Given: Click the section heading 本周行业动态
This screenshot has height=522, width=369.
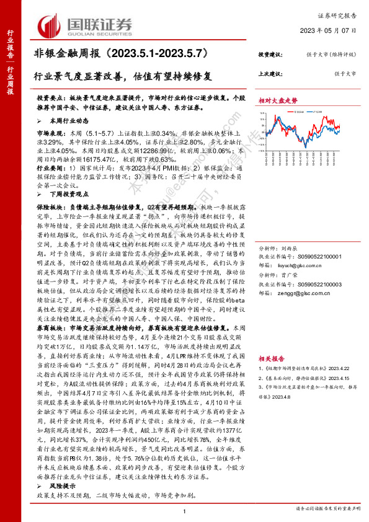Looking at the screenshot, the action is coord(69,121).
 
